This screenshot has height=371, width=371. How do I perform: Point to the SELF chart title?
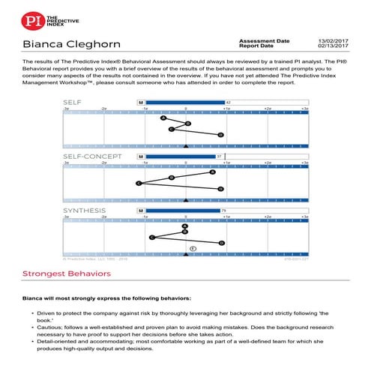point(73,102)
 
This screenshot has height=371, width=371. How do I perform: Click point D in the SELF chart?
point(220,135)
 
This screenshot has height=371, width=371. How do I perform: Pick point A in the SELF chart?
point(163,118)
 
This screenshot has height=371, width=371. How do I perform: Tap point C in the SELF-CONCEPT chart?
point(139,183)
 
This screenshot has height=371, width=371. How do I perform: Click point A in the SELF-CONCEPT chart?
point(212,172)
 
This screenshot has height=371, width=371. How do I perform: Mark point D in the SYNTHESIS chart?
point(221,243)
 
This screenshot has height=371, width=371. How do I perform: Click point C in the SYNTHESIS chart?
point(152,238)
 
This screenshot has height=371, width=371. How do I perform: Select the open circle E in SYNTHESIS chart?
point(193,248)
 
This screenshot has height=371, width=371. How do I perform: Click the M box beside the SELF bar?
point(140,102)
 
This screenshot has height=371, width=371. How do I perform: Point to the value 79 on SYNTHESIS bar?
point(224,211)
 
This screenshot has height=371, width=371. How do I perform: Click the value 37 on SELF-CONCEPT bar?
point(219,157)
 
